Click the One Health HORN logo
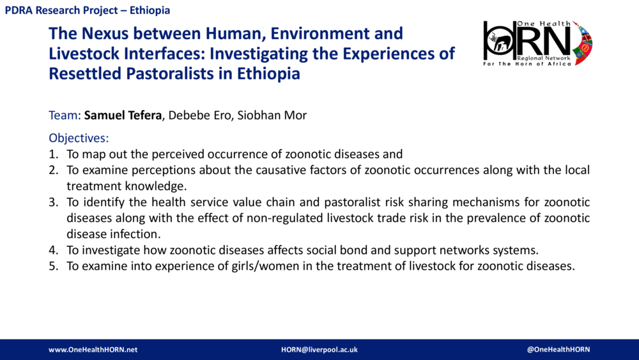pyautogui.click(x=537, y=42)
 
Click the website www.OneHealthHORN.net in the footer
pyautogui.click(x=93, y=350)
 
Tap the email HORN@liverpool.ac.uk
pyautogui.click(x=319, y=350)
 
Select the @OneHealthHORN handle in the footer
pyautogui.click(x=558, y=350)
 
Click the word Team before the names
pyautogui.click(x=63, y=116)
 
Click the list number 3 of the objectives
pyautogui.click(x=53, y=202)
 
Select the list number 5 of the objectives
pyautogui.click(x=53, y=266)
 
